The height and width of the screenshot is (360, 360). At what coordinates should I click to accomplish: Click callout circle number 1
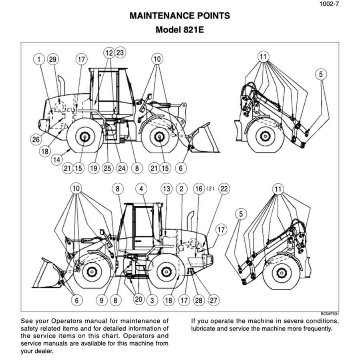click(x=39, y=60)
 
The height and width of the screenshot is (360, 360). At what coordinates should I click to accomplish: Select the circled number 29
click(x=52, y=60)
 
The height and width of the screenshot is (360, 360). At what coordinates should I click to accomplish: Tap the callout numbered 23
click(x=120, y=52)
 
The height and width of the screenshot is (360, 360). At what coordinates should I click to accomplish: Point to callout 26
click(x=36, y=139)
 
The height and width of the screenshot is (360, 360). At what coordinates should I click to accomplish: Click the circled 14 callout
click(x=57, y=159)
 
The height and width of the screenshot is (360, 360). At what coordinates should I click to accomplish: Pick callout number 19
click(x=93, y=169)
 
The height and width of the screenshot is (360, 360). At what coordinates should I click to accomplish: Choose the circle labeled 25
click(x=107, y=169)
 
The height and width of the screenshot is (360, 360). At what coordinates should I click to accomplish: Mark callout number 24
click(x=122, y=169)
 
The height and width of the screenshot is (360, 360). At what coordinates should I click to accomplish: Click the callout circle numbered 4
click(x=141, y=189)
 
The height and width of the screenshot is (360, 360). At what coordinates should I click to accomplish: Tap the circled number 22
click(x=224, y=189)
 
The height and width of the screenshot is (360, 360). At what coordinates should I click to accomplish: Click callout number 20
click(x=139, y=299)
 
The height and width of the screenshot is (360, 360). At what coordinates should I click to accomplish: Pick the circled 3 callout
click(x=152, y=300)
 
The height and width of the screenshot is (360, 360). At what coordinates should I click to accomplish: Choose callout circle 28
click(x=198, y=300)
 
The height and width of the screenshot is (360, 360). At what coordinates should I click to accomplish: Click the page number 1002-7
click(x=330, y=5)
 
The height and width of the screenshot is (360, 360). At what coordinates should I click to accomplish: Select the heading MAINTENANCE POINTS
click(x=180, y=16)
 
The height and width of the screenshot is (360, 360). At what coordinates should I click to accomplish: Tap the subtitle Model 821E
click(x=180, y=30)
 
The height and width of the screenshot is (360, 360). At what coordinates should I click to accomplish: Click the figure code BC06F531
click(x=330, y=314)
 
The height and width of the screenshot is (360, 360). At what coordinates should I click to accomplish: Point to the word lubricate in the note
click(x=205, y=329)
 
